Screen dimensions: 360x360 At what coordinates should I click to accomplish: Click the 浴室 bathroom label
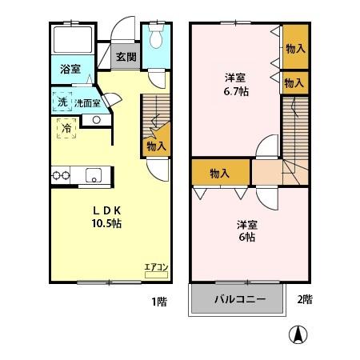coord(70,70)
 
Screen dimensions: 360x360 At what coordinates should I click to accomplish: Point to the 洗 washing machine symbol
coord(62,102)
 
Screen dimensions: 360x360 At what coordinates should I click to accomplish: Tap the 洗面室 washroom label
coord(87,102)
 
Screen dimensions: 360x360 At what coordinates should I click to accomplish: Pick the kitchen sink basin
coord(94,175)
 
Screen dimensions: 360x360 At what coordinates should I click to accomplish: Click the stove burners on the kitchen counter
coord(59,175)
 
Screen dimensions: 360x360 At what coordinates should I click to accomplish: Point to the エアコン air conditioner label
coord(156,267)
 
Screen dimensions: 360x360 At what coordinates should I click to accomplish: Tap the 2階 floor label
coord(305,301)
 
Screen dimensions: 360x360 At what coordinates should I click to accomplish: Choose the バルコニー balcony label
coord(238,301)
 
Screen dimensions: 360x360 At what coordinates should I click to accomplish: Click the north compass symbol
coord(298,335)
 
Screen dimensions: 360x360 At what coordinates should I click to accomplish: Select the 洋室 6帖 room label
coord(246,232)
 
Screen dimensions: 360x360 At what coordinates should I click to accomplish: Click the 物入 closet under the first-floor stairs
coord(156,146)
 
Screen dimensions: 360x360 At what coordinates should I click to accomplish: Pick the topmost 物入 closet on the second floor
coord(294,48)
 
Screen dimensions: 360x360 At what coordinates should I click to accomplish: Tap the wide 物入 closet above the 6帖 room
coord(220,173)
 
